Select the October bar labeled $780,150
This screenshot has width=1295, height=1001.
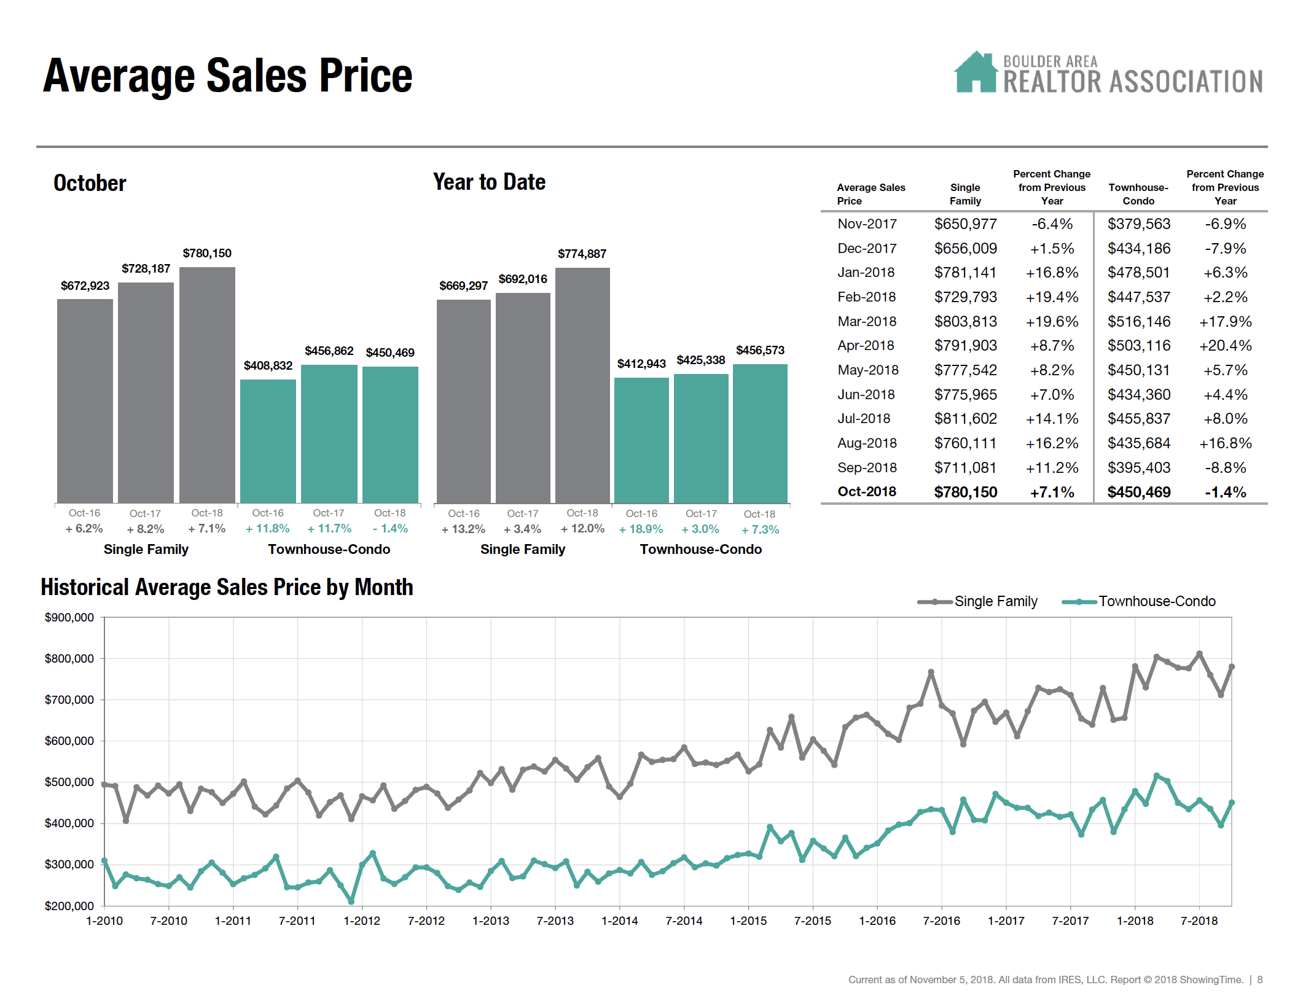point(207,384)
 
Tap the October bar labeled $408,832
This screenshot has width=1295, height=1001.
point(268,440)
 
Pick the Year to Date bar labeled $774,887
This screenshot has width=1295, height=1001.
point(582,384)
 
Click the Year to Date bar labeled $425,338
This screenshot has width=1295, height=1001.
point(701,437)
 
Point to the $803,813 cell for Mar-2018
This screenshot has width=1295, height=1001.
point(965,321)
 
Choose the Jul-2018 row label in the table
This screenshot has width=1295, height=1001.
point(864,419)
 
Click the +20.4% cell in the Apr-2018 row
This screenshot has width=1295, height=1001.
point(1225,346)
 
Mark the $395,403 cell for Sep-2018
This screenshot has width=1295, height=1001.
point(1138,468)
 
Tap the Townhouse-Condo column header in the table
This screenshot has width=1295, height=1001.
point(1138,194)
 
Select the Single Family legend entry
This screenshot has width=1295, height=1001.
point(995,601)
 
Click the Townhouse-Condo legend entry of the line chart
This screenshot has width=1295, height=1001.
point(1156,601)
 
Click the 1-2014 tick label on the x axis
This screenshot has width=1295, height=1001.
point(619,921)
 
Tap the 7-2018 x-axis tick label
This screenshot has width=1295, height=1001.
point(1199,921)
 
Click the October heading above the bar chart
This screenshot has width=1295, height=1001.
point(90,183)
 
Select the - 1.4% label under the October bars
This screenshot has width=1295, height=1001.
point(390,528)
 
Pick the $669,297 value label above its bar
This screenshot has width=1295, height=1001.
point(463,286)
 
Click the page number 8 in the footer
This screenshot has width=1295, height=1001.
point(1260,980)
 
